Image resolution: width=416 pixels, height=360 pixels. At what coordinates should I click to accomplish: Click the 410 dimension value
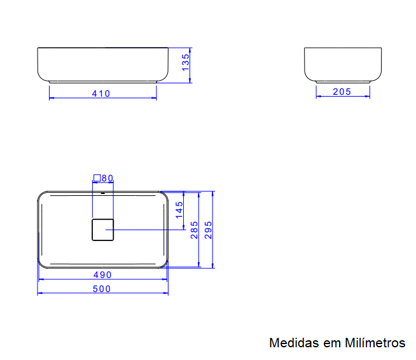[x=101, y=93]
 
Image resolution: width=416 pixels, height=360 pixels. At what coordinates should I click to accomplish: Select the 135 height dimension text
[x=185, y=63]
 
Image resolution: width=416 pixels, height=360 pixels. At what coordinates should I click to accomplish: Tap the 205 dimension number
[x=342, y=92]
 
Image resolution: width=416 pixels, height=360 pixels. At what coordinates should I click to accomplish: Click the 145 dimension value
[x=179, y=210]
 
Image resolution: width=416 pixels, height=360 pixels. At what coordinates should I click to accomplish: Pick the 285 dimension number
[x=195, y=230]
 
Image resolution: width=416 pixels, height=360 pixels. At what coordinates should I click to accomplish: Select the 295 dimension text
[x=208, y=230]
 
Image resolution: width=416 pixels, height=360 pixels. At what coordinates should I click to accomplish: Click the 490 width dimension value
[x=102, y=275]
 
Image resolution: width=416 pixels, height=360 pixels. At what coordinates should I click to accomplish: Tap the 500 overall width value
[x=102, y=289]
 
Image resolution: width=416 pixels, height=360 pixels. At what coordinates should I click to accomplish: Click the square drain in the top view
[x=102, y=230]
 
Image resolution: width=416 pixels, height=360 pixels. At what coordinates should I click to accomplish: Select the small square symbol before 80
[x=97, y=178]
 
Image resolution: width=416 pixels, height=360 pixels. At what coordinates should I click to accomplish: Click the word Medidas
[x=293, y=343]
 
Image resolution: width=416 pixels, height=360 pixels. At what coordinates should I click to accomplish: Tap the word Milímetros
[x=375, y=343]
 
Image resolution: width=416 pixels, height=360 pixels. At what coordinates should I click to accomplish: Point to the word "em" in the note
[x=331, y=343]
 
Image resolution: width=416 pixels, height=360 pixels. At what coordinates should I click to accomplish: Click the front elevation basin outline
[x=102, y=64]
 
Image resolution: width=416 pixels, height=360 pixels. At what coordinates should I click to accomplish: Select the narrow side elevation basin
[x=343, y=64]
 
